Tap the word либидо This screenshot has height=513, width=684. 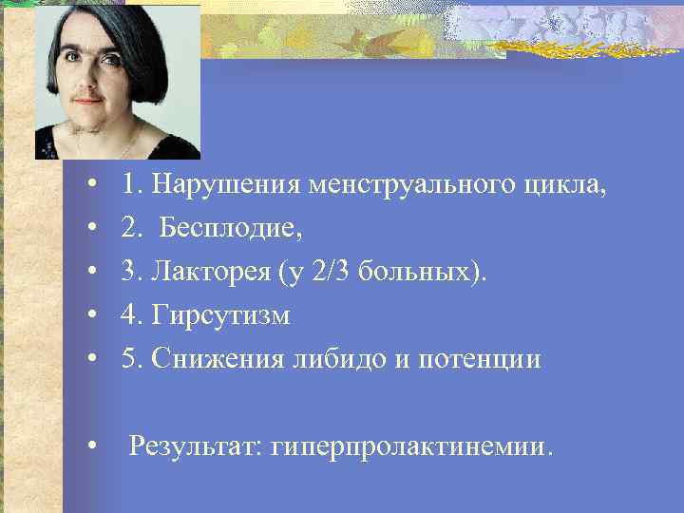(x=327, y=360)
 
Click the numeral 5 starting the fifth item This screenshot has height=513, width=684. (x=128, y=360)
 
